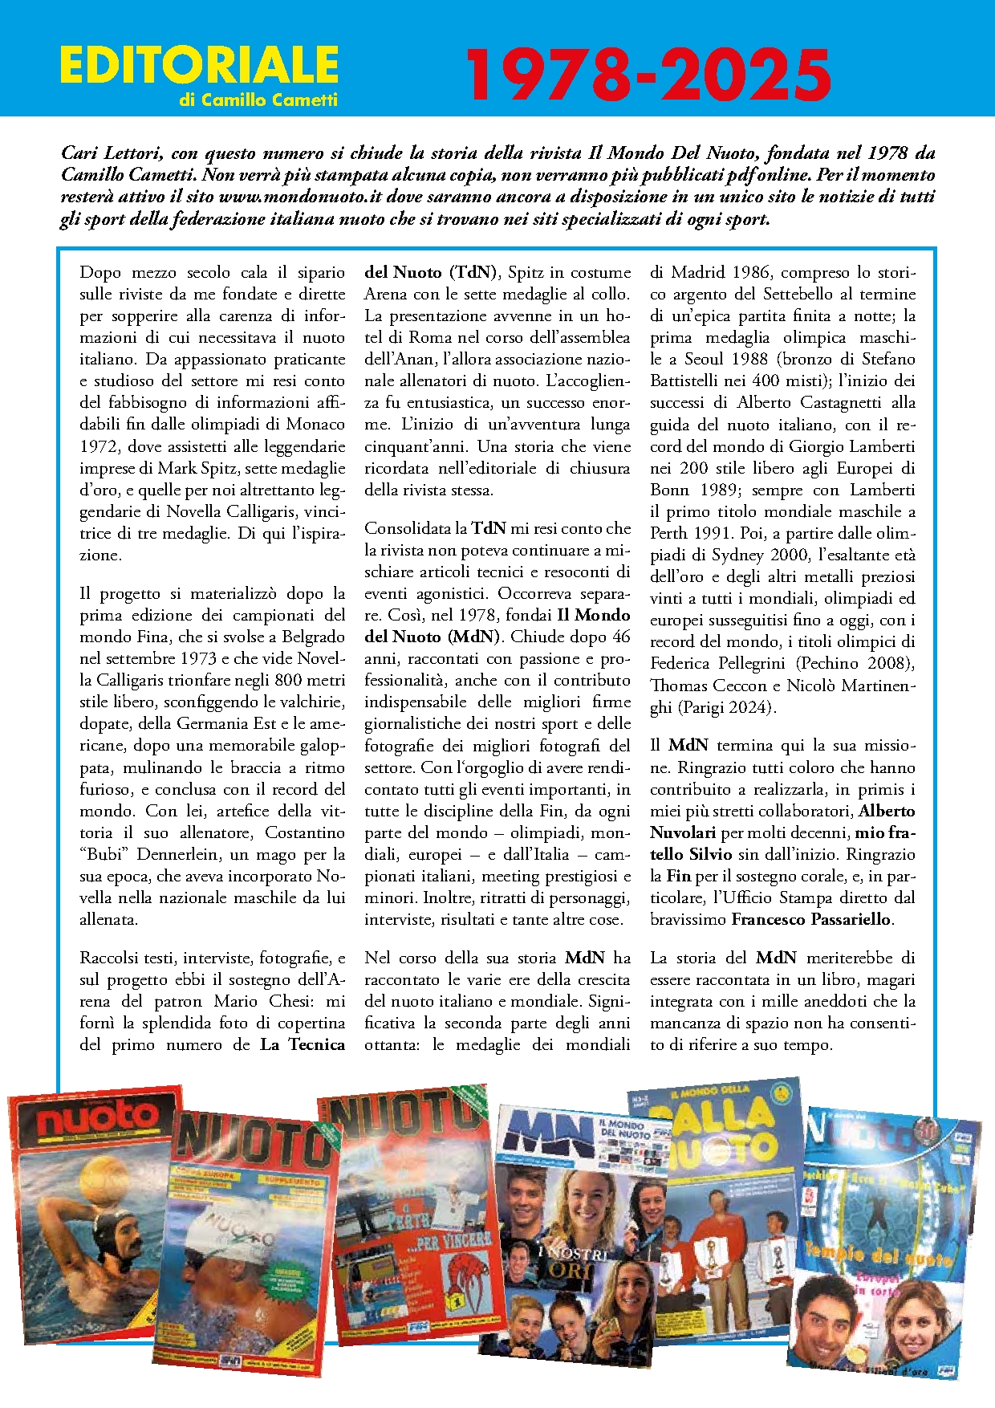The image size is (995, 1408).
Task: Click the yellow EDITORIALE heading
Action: [x=199, y=65]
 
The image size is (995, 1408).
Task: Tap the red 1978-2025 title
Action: [x=648, y=74]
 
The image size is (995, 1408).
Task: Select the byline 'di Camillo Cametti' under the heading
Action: [x=258, y=100]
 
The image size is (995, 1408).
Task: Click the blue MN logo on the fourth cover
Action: [x=545, y=1133]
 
